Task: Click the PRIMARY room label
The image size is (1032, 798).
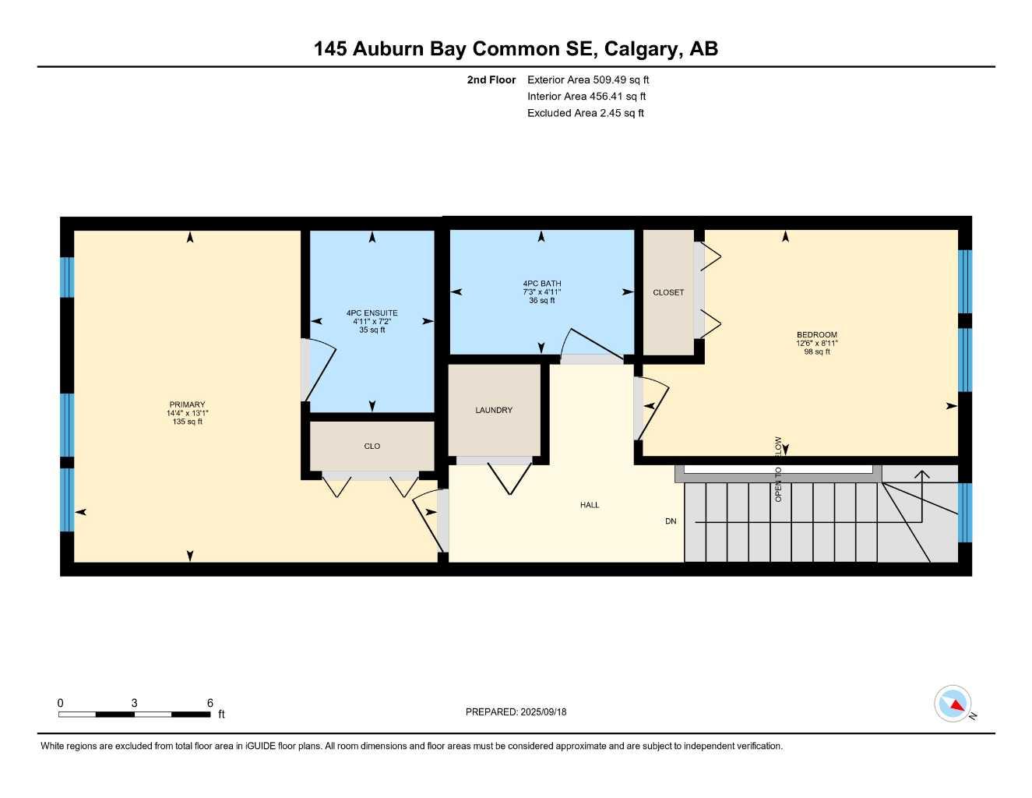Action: coord(187,404)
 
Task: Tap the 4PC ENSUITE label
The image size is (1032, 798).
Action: coord(372,313)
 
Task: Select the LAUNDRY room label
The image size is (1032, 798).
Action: coord(494,410)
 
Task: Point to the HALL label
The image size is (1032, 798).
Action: coord(590,505)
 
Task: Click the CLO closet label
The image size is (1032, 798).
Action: coord(372,446)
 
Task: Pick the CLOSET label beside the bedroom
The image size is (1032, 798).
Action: coord(668,292)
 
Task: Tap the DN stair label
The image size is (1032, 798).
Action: coord(671,521)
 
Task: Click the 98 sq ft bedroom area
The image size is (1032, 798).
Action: coord(817,352)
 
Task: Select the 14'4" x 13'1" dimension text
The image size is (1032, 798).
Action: coord(187,413)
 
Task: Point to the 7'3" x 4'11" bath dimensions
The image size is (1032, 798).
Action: coord(542,292)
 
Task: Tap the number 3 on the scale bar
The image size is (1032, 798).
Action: coord(135,703)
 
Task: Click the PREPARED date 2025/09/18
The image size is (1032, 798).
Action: coord(544,712)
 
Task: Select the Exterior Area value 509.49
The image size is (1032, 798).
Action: coord(610,79)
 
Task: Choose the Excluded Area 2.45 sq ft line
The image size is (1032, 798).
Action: coord(586,113)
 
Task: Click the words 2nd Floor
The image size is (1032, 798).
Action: coord(491,79)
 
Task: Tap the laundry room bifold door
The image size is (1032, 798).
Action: coord(509,478)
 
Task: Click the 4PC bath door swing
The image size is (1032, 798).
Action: coord(592,343)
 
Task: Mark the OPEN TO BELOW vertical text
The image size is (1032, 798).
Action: coord(778,469)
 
